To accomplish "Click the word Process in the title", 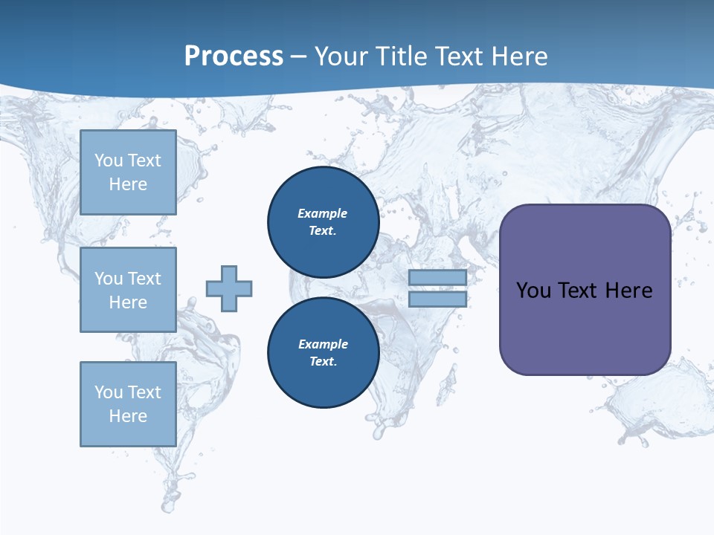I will click(234, 56).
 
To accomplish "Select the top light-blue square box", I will click(128, 172).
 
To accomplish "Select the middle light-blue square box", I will click(128, 290).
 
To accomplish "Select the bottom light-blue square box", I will click(128, 404).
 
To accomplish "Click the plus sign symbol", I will click(229, 288).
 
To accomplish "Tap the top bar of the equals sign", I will click(437, 278).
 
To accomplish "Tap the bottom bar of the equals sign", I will click(437, 299).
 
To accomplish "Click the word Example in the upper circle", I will click(323, 213).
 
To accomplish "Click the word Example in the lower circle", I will click(323, 344).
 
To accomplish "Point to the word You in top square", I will click(109, 160).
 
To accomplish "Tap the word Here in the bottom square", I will click(128, 416).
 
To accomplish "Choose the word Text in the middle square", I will click(144, 279).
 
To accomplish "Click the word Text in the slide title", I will click(458, 56).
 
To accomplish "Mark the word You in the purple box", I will click(533, 291).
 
